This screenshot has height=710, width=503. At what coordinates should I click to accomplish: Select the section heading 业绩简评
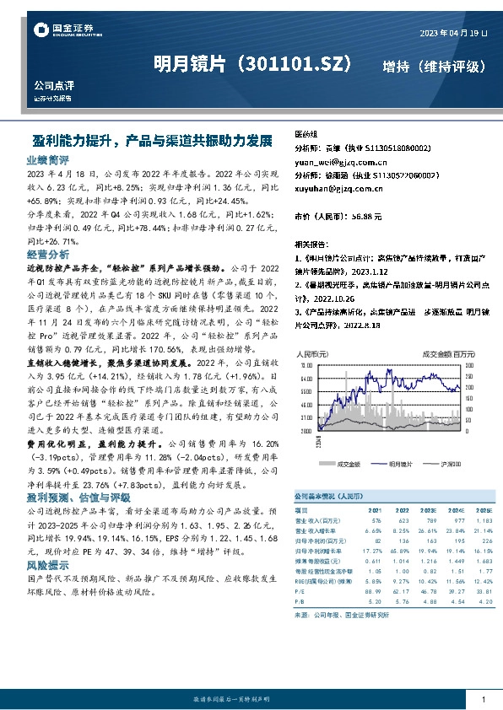point(48,159)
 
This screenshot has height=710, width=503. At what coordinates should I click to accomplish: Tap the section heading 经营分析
point(48,253)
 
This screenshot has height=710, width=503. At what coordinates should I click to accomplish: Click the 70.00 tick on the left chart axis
point(305,367)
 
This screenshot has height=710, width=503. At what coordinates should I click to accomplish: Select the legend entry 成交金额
point(348,464)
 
